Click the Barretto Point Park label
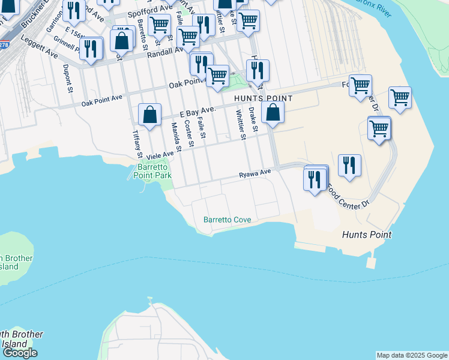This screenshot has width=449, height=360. pos(154,171)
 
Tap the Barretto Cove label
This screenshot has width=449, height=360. pos(227,220)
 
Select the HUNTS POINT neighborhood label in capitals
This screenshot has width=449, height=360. pos(264,98)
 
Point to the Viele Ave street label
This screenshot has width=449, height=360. pos(160,154)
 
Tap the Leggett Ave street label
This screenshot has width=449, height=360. pos(39,47)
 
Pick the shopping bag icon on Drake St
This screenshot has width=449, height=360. pos(273,113)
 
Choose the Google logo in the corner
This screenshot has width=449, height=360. pos(20,353)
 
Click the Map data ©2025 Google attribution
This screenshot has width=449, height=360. pos(412,355)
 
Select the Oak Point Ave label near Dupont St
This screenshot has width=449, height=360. pos(102,100)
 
